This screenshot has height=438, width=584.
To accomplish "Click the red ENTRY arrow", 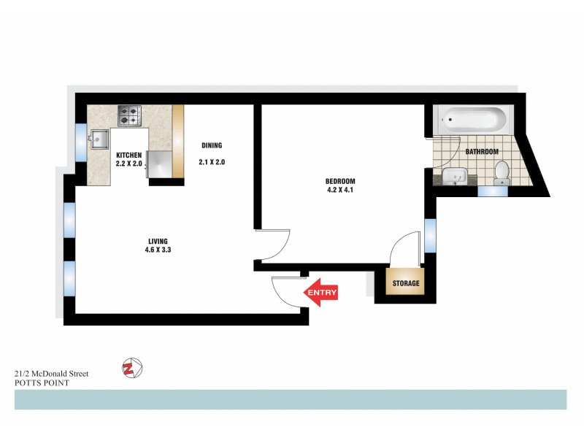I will [x=320, y=293].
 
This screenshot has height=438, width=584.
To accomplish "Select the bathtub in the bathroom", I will [x=470, y=120].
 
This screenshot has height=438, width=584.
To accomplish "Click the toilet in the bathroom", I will [x=502, y=172].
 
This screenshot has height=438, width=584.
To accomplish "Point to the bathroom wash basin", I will [x=456, y=177].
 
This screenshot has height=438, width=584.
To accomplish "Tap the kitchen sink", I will [x=97, y=139].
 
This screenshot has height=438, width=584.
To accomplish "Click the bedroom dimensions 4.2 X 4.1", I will [x=340, y=191].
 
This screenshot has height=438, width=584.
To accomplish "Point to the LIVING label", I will [x=158, y=241].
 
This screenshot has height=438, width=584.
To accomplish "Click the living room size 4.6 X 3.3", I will [x=158, y=250].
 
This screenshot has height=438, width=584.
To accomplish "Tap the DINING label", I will [x=211, y=145].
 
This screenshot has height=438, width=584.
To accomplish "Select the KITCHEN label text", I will [x=129, y=155].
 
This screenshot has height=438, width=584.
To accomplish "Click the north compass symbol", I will [x=132, y=369].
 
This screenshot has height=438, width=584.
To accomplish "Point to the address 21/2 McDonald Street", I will [x=51, y=373].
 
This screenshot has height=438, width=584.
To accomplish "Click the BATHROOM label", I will [x=482, y=152].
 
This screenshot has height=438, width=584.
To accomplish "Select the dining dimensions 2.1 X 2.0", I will [x=211, y=162].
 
